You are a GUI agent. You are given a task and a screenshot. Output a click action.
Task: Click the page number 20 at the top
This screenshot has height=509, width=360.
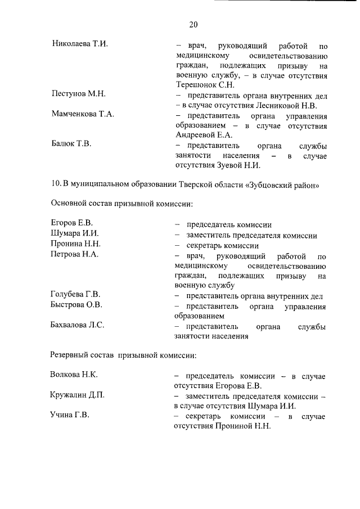click(x=193, y=24)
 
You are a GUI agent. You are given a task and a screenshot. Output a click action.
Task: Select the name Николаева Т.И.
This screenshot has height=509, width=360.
click(x=79, y=43)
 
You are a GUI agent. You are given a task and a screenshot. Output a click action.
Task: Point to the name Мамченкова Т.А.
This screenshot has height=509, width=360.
click(x=82, y=114)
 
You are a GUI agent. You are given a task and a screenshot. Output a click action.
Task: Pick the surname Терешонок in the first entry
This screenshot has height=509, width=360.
click(x=196, y=85)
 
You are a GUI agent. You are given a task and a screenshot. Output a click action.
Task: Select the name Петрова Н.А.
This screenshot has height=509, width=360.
click(x=75, y=255)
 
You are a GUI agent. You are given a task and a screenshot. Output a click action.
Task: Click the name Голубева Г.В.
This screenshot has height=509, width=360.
click(x=75, y=295)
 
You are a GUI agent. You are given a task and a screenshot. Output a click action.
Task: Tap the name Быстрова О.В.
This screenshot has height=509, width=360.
click(x=76, y=305)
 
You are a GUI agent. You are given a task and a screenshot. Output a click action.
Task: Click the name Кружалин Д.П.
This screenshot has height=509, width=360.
click(x=77, y=395)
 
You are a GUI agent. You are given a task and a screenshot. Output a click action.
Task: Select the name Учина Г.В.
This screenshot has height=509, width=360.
click(x=70, y=416)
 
